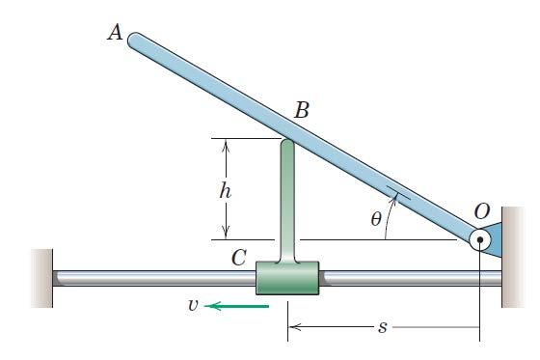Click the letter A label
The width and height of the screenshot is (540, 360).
tap(115, 34)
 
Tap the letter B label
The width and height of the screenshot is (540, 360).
tap(302, 110)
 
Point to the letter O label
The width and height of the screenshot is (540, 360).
tap(481, 208)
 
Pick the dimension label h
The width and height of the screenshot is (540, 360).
tap(225, 189)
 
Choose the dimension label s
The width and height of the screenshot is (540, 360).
tap(383, 328)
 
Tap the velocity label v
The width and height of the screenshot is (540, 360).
tap(193, 307)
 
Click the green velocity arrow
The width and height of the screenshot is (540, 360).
tap(237, 307)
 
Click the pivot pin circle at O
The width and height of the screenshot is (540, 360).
tap(479, 240)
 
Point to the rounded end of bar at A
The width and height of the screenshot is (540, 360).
tap(136, 40)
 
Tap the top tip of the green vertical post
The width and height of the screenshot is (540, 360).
tap(287, 144)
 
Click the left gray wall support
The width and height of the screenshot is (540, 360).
tap(40, 278)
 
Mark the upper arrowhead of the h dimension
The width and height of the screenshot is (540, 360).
tap(225, 145)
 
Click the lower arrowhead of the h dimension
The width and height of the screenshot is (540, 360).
tap(225, 233)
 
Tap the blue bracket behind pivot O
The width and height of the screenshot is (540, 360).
tap(494, 239)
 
